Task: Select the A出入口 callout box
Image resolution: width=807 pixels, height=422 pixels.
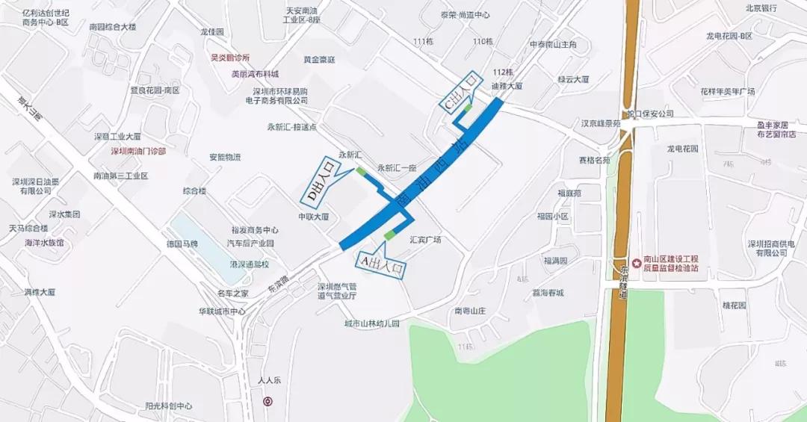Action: pos(382,263)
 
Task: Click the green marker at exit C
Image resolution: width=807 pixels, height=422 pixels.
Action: pos(469,109)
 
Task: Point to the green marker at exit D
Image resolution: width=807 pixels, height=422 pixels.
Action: pos(361,171)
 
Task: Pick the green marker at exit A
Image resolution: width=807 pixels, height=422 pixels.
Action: pos(389,236)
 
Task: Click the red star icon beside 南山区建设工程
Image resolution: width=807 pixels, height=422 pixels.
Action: pos(636,263)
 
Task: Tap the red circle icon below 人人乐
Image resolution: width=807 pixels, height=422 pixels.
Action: pos(268,401)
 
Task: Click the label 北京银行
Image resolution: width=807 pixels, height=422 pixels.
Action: pos(761,8)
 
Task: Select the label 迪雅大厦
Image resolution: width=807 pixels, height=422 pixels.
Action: pos(507,86)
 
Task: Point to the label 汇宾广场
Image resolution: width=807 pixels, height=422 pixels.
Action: pos(425,240)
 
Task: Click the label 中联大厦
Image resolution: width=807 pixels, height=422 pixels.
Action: pos(314,217)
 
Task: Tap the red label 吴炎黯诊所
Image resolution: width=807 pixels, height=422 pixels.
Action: pos(230,58)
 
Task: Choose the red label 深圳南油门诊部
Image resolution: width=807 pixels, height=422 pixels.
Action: pos(138,151)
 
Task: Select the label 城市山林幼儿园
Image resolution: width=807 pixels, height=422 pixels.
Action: pos(371,323)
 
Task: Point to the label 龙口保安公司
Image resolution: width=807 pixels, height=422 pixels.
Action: pos(650,114)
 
